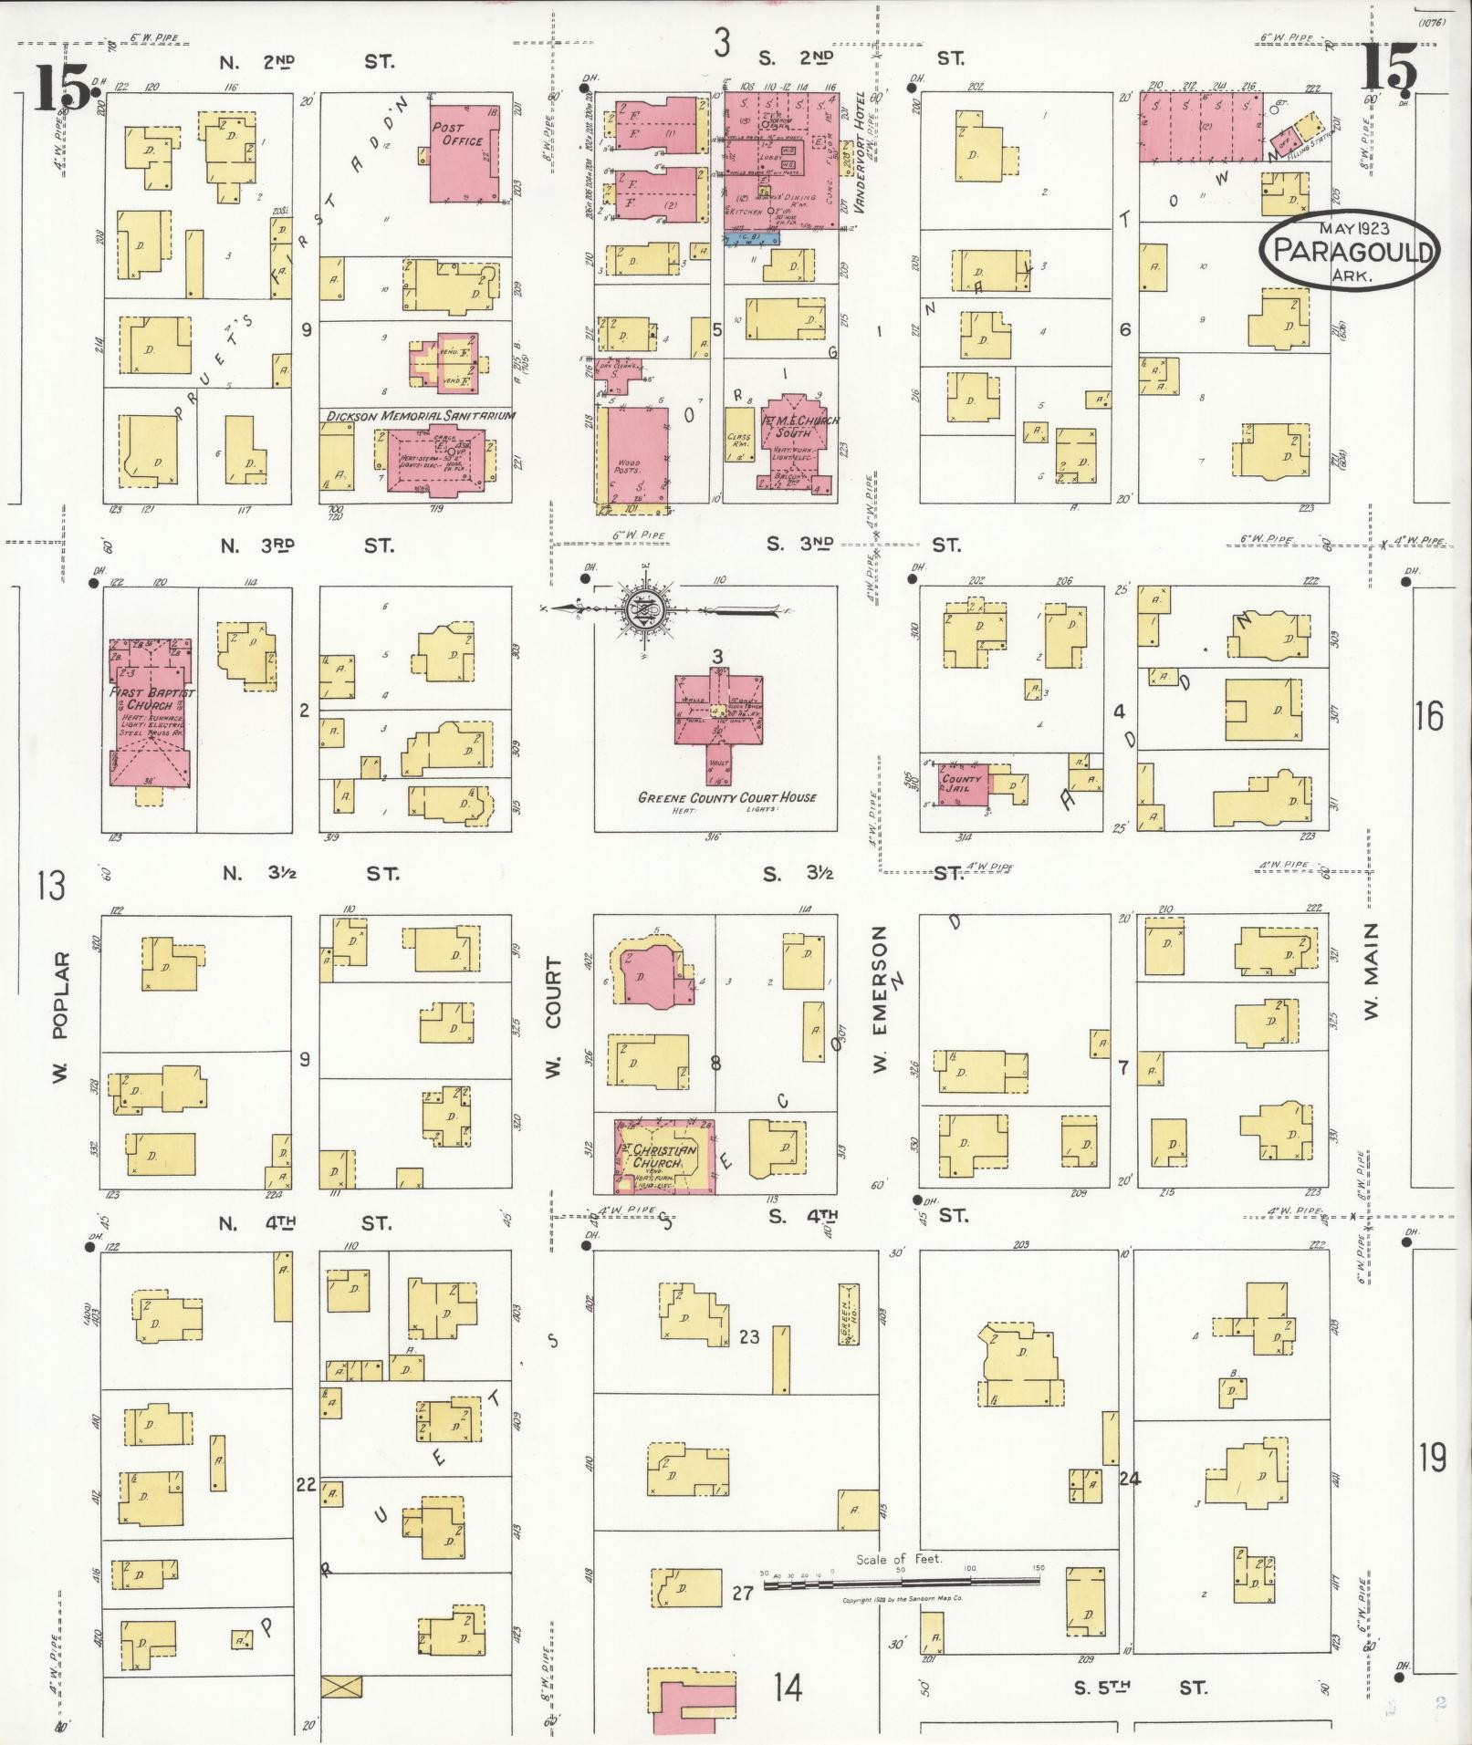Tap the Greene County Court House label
pyautogui.click(x=726, y=797)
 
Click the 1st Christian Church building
pyautogui.click(x=664, y=1156)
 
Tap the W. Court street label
pyautogui.click(x=553, y=1017)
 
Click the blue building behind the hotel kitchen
pyautogui.click(x=751, y=238)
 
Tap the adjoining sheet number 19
pyautogui.click(x=1431, y=1459)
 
